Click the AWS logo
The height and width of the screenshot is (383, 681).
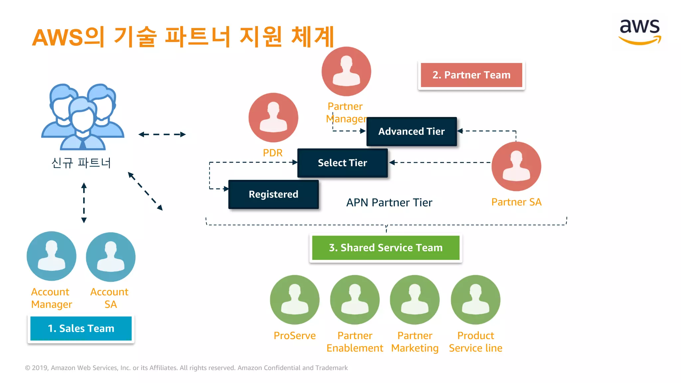639,32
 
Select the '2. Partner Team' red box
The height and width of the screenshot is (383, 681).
471,75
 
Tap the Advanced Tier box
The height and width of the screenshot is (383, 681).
411,132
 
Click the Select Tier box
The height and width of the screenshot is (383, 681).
342,163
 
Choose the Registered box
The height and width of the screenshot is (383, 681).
273,194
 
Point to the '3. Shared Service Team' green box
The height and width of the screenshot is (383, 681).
386,248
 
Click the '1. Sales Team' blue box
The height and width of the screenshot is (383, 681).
81,328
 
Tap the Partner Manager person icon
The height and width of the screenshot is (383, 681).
346,71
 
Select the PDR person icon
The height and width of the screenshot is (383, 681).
273,117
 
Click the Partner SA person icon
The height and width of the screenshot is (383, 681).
516,166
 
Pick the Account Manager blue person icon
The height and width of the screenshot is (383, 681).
52,256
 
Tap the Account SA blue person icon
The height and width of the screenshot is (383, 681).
110,257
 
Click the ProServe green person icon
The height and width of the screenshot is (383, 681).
295,300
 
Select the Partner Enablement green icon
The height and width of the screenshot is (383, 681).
355,300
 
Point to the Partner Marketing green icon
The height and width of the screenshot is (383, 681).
415,300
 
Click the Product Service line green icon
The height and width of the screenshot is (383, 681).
476,300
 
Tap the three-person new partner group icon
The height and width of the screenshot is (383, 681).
82,116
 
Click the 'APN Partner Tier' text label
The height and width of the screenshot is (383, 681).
389,202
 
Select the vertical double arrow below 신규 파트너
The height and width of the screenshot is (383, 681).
84,202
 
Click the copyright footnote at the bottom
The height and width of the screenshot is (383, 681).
186,368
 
